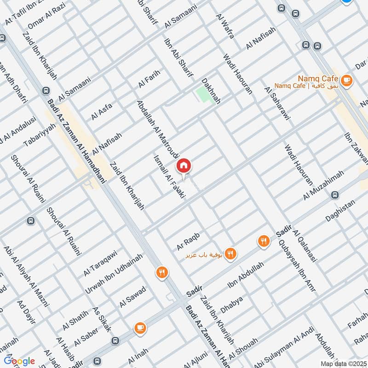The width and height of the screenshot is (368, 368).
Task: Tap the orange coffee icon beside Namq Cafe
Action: tap(346, 81)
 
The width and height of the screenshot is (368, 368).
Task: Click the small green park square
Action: tap(202, 94)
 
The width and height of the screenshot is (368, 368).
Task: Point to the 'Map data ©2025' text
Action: tap(342, 364)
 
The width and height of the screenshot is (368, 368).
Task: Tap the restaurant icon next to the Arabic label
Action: tap(231, 253)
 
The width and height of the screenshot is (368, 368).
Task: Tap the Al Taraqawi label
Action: tap(100, 263)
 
